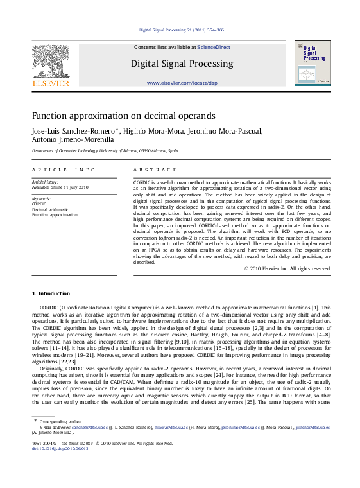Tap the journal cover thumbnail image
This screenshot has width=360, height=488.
coord(313,63)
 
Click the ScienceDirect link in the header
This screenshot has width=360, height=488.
coord(215,47)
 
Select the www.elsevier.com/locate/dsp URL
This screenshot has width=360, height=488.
coord(182,83)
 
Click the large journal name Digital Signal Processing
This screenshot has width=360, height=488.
coord(182,64)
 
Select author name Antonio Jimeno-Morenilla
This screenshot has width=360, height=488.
coord(73,139)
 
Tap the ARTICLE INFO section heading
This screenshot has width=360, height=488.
coord(64,170)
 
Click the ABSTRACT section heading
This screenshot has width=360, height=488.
coord(154,170)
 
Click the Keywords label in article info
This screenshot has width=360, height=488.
coord(41,199)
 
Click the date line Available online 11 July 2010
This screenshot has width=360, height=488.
coord(60,187)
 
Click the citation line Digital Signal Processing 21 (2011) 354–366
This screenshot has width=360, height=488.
coord(182,30)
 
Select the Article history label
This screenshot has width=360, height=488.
coord(46,182)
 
